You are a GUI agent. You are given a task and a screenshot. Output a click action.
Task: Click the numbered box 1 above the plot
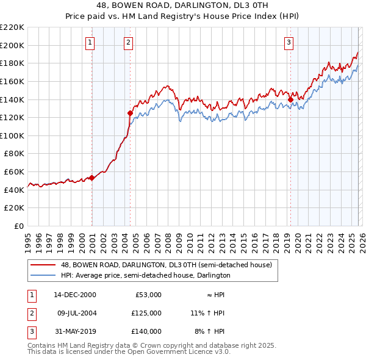tap(90, 42)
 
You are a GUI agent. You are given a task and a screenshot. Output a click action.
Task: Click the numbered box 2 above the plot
tap(129, 42)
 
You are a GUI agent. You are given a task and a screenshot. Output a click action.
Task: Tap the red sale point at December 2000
tap(91, 178)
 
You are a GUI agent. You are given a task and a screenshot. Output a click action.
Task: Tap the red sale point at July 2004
tap(130, 113)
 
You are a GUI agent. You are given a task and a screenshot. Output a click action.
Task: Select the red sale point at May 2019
tap(290, 99)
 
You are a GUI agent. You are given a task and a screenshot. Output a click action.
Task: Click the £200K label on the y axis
tap(12, 45)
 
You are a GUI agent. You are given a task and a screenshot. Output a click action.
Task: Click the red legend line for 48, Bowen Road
tap(43, 265)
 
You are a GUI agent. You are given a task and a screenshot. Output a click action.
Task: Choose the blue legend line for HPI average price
tap(43, 276)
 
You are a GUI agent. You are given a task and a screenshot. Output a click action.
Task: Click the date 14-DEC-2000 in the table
tap(75, 295)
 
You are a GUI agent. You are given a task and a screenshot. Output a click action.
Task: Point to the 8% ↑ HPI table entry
tap(208, 331)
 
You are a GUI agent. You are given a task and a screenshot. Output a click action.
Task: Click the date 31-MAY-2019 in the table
tap(75, 331)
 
